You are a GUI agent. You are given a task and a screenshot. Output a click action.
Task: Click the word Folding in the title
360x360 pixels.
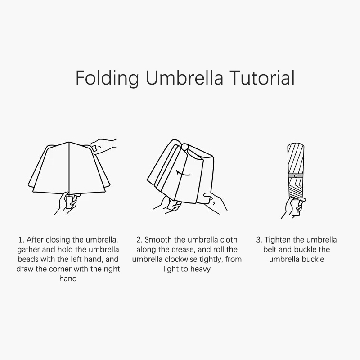pyautogui.click(x=107, y=78)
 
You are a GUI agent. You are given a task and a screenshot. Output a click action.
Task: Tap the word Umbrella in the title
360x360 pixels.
pyautogui.click(x=184, y=77)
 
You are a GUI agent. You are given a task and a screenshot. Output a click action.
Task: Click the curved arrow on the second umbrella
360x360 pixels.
pyautogui.click(x=183, y=174)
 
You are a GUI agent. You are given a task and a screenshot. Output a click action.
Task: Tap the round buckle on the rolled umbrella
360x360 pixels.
pyautogui.click(x=296, y=176)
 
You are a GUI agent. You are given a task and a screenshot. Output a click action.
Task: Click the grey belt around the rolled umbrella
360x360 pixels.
pyautogui.click(x=296, y=176)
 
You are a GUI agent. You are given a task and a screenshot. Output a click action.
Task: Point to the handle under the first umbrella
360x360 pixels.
pyautogui.click(x=69, y=202)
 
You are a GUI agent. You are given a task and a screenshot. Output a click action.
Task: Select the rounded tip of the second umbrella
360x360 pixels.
pyautogui.click(x=184, y=146)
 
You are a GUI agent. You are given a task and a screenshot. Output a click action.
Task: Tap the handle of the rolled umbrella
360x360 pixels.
pyautogui.click(x=296, y=207)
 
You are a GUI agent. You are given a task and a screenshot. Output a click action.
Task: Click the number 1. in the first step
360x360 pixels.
pyautogui.click(x=21, y=240)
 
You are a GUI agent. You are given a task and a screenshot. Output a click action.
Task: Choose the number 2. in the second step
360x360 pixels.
pyautogui.click(x=139, y=240)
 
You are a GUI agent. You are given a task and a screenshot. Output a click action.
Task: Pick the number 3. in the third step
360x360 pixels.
pyautogui.click(x=259, y=240)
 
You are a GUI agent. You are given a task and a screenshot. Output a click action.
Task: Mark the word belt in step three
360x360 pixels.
pyautogui.click(x=270, y=249)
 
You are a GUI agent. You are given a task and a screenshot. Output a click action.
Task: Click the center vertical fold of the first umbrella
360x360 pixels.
pyautogui.click(x=69, y=167)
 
